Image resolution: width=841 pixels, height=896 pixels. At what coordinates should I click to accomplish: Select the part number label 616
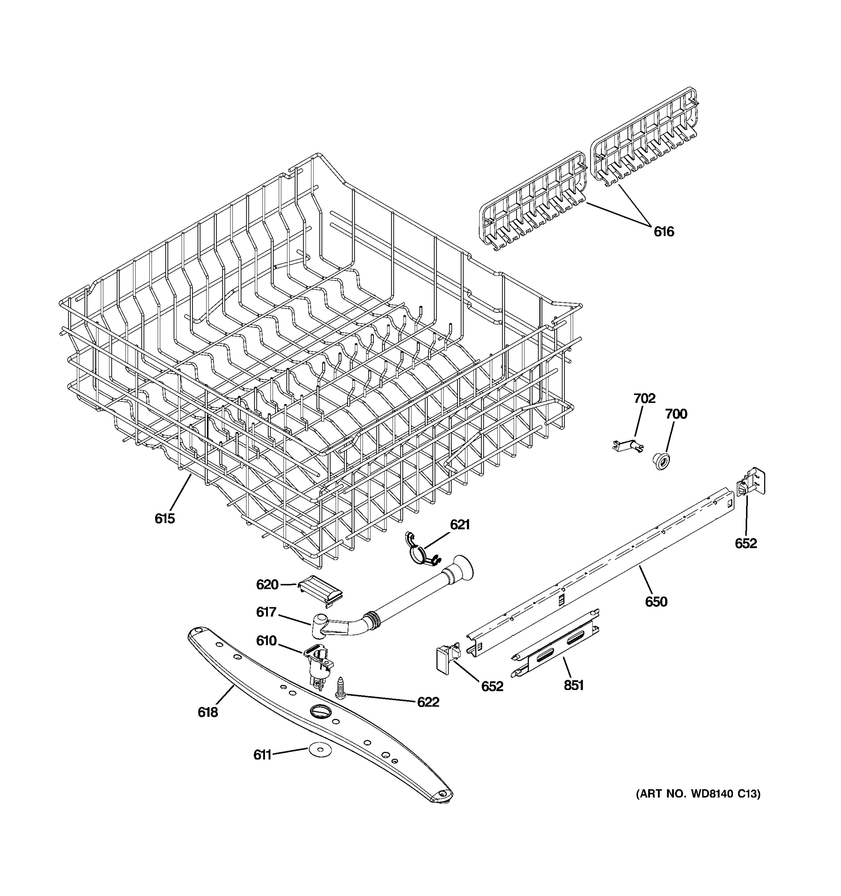coord(664,232)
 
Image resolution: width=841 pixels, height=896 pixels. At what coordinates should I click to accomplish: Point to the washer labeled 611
coord(320,750)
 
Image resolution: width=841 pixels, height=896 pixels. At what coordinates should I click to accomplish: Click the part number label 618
coord(207,713)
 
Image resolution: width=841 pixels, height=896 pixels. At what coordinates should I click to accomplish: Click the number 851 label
coord(573,685)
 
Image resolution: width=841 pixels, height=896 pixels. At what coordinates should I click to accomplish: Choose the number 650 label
coord(656,602)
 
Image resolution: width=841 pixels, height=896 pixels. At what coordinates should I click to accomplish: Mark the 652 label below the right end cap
coord(746,544)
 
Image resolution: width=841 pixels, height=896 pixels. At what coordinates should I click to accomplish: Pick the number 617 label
coord(266,612)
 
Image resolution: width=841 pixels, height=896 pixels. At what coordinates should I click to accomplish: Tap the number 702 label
coord(644,398)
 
